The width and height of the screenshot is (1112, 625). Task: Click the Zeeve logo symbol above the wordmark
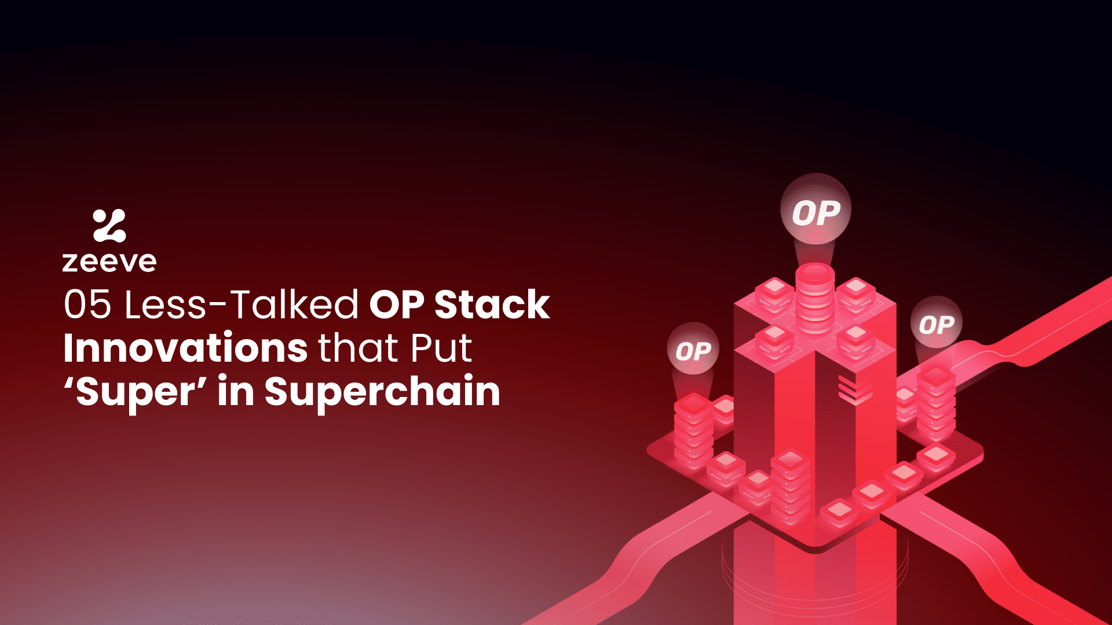(x=109, y=226)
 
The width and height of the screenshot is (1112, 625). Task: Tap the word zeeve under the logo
(x=109, y=262)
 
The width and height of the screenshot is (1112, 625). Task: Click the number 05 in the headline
(x=87, y=304)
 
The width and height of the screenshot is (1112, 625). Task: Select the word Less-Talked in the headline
(x=242, y=304)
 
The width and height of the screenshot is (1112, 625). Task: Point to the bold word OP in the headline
(x=397, y=304)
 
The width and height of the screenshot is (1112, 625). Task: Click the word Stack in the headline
(x=492, y=304)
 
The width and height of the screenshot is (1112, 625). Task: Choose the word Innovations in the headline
(x=185, y=348)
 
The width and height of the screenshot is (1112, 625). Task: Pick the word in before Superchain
(x=236, y=392)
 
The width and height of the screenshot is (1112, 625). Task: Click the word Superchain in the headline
(x=382, y=392)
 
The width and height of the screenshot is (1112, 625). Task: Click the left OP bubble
(x=693, y=350)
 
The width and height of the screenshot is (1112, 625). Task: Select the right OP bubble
(x=936, y=324)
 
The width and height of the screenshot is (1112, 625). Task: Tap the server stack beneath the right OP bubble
(x=935, y=402)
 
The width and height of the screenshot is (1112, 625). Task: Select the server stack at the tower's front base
(x=790, y=486)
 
